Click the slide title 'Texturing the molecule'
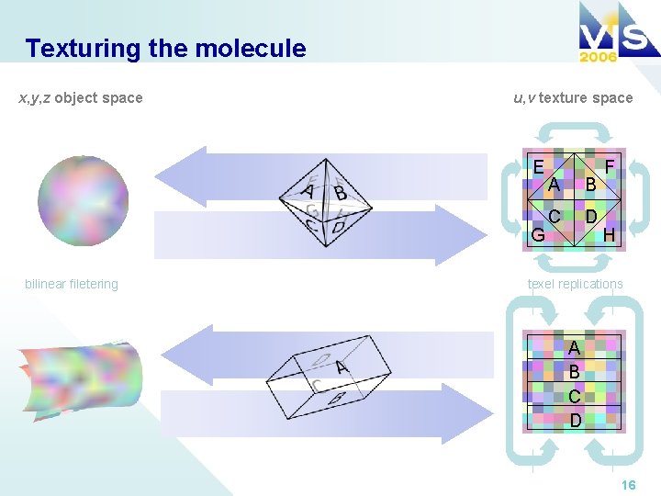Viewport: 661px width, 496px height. tap(165, 48)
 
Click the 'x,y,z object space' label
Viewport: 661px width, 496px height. tap(81, 97)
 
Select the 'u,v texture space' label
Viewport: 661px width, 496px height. tap(573, 97)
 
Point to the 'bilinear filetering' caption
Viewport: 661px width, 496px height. tap(72, 284)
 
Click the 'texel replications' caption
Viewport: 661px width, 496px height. tap(575, 284)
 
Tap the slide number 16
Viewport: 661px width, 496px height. tap(628, 484)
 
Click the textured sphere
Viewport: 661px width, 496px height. tap(77, 199)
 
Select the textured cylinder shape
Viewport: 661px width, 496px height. tap(79, 377)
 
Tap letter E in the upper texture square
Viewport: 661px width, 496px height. tap(538, 166)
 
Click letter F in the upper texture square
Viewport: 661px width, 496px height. tap(610, 166)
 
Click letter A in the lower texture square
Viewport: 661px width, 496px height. tap(574, 348)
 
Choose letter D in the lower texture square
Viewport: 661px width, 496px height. tap(574, 420)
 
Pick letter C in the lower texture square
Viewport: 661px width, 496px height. tap(574, 396)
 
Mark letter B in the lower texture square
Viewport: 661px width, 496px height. tap(574, 372)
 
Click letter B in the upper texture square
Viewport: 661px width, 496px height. tap(591, 185)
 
